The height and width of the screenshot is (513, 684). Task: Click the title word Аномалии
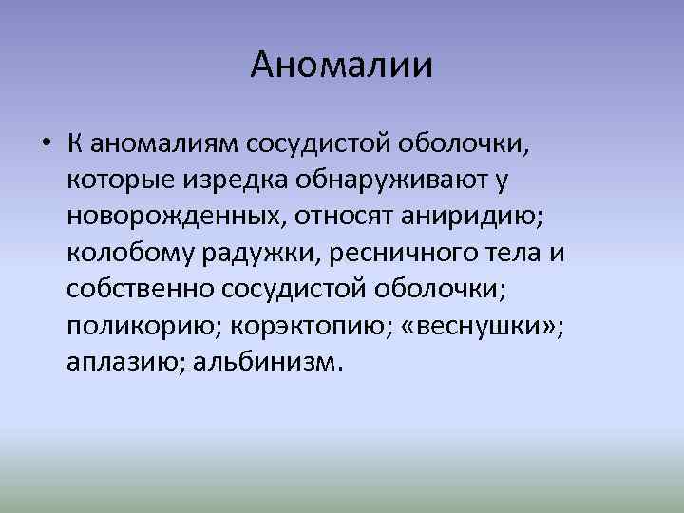342,66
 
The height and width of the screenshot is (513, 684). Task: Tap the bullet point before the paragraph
46,145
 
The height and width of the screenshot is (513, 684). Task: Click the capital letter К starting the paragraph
74,145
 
